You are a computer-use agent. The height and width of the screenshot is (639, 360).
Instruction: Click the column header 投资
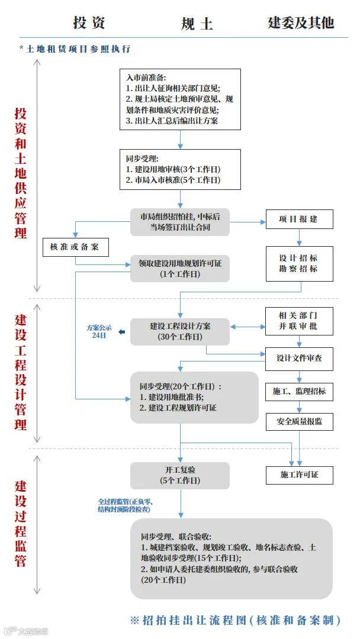tap(89, 23)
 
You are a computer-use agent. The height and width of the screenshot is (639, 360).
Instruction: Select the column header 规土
tap(197, 24)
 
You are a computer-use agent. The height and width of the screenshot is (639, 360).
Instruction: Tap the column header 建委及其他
tap(301, 22)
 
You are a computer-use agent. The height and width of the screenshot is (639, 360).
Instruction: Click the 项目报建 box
tap(299, 220)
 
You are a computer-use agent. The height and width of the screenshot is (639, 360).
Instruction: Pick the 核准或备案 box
tap(76, 247)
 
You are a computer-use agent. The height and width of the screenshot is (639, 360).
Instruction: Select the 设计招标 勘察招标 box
tap(299, 264)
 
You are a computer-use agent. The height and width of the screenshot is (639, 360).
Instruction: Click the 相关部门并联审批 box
tap(299, 321)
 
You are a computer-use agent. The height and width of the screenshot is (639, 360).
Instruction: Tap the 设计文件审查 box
tap(299, 359)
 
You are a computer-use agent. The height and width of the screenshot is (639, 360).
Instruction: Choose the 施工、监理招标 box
tap(299, 392)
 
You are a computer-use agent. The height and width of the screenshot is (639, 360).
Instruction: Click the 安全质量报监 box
tap(299, 421)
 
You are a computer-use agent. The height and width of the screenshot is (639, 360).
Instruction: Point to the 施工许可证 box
tap(299, 475)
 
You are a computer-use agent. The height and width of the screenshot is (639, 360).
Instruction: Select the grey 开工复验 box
tap(180, 476)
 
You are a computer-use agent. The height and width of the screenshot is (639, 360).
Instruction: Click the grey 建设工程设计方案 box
tap(180, 332)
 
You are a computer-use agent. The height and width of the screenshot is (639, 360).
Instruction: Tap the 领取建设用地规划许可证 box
tap(180, 269)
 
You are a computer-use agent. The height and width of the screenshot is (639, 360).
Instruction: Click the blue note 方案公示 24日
tap(99, 332)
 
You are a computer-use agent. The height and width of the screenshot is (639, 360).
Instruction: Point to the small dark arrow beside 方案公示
tap(121, 332)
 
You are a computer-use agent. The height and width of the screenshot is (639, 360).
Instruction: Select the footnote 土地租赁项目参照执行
tap(75, 49)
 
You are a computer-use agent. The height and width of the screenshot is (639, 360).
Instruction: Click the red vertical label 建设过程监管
tap(21, 524)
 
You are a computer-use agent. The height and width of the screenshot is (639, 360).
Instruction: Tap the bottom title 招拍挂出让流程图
tap(235, 620)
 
